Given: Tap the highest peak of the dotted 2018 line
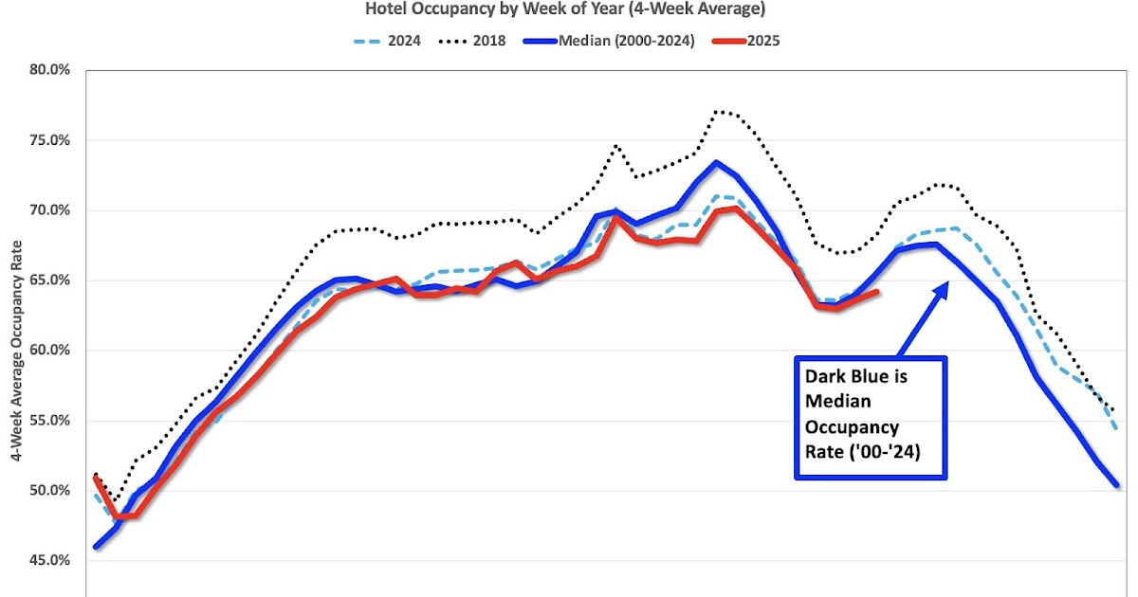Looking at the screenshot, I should [x=716, y=111].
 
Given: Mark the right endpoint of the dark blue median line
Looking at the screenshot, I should [x=1116, y=484].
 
